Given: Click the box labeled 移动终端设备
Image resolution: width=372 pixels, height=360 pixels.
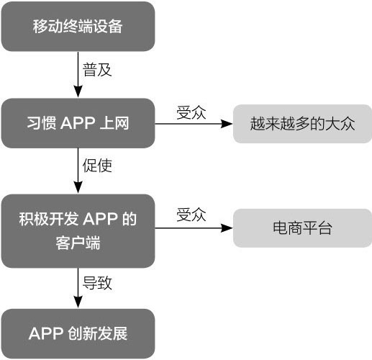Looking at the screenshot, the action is tap(78, 27).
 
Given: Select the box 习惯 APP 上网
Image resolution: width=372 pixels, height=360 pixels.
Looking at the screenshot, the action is tap(78, 123).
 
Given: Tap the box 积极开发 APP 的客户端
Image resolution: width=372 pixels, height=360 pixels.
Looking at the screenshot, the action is tap(78, 231).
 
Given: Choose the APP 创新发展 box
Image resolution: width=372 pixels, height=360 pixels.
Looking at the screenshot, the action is tap(78, 333).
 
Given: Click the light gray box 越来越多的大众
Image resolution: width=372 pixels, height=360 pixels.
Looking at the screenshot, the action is tap(302, 124).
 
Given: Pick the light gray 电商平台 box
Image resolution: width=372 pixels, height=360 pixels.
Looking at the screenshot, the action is tap(302, 228).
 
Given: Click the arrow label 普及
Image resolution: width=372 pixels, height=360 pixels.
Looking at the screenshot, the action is tap(97, 70).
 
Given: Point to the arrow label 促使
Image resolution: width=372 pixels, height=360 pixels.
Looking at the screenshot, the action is tap(97, 166).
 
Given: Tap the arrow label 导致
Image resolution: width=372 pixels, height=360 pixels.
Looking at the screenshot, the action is tap(97, 283).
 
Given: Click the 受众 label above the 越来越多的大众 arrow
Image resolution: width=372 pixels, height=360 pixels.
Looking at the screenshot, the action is tap(191, 112).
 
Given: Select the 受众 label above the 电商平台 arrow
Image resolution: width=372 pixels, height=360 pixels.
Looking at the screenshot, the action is tap(191, 215).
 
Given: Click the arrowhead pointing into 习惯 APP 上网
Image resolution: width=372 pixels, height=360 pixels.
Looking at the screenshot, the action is tap(78, 91).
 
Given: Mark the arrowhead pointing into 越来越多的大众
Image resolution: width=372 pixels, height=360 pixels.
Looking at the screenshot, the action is tap(227, 124).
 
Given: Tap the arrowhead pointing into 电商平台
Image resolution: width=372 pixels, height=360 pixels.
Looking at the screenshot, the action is tap(227, 228).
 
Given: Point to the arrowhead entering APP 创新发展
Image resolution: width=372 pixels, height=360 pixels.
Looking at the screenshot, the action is tap(78, 302).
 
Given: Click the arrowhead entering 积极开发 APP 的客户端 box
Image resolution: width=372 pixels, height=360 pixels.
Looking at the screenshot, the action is tap(78, 187).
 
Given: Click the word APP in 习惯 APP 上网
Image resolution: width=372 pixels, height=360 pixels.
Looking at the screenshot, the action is tap(78, 123).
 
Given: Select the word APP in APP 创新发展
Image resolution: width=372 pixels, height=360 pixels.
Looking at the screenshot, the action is tap(46, 333).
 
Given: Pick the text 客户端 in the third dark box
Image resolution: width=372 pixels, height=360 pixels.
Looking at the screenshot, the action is tap(78, 243).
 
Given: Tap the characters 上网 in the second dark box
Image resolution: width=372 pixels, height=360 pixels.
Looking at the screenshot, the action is tap(114, 123).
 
